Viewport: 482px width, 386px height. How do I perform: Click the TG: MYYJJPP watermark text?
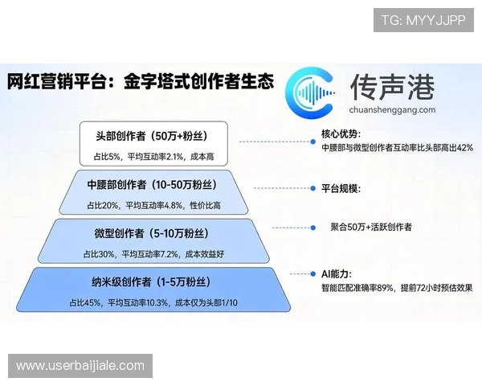coord(423,19)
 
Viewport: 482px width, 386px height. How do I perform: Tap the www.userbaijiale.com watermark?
coord(80,366)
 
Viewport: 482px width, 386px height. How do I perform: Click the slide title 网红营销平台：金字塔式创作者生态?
coord(141,83)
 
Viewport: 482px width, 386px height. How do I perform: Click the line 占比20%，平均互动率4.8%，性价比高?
coord(153,205)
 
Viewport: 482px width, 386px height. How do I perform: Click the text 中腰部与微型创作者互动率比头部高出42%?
coord(397,148)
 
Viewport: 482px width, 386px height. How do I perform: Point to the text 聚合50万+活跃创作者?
coord(371,228)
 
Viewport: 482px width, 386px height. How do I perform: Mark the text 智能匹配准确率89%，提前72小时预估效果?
coord(397,288)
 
